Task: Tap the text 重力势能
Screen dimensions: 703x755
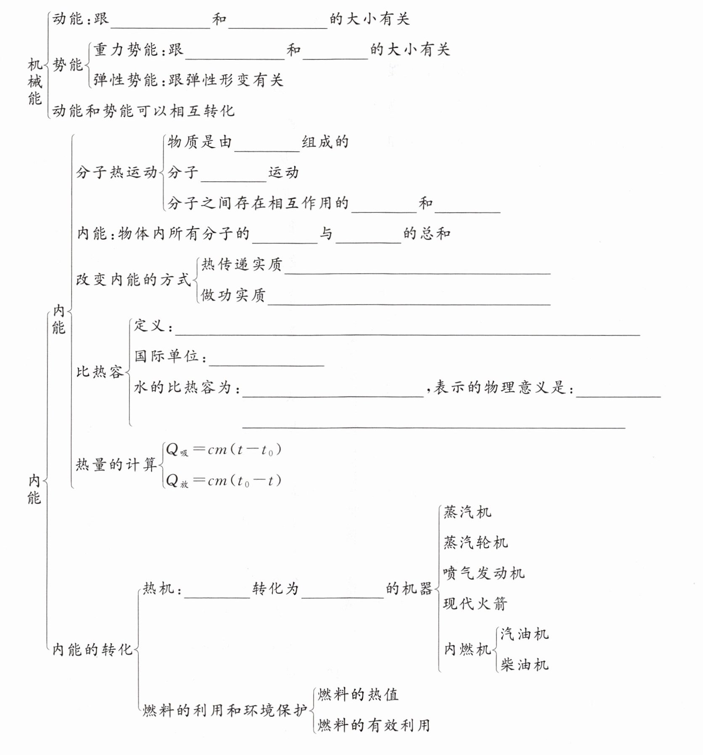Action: (x=125, y=50)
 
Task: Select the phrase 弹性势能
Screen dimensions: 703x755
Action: (x=125, y=80)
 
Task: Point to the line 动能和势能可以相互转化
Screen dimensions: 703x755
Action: (x=143, y=111)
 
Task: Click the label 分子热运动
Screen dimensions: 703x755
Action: (x=116, y=172)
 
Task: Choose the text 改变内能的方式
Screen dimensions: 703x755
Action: (x=133, y=280)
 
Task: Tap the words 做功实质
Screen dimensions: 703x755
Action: (x=233, y=295)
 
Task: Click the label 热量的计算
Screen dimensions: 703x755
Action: (x=116, y=464)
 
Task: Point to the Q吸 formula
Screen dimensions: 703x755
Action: (x=223, y=450)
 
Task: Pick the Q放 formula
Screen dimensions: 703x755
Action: (x=223, y=481)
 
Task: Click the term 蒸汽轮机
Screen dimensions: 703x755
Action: (x=476, y=543)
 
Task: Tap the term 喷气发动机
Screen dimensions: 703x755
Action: (x=484, y=573)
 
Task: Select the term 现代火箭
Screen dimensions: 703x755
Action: (x=475, y=604)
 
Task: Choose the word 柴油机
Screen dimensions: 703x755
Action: (x=524, y=665)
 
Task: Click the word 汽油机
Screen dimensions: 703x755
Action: (x=524, y=634)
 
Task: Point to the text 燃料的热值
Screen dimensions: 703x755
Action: (x=358, y=694)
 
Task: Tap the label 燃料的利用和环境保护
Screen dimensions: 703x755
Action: (x=225, y=710)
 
